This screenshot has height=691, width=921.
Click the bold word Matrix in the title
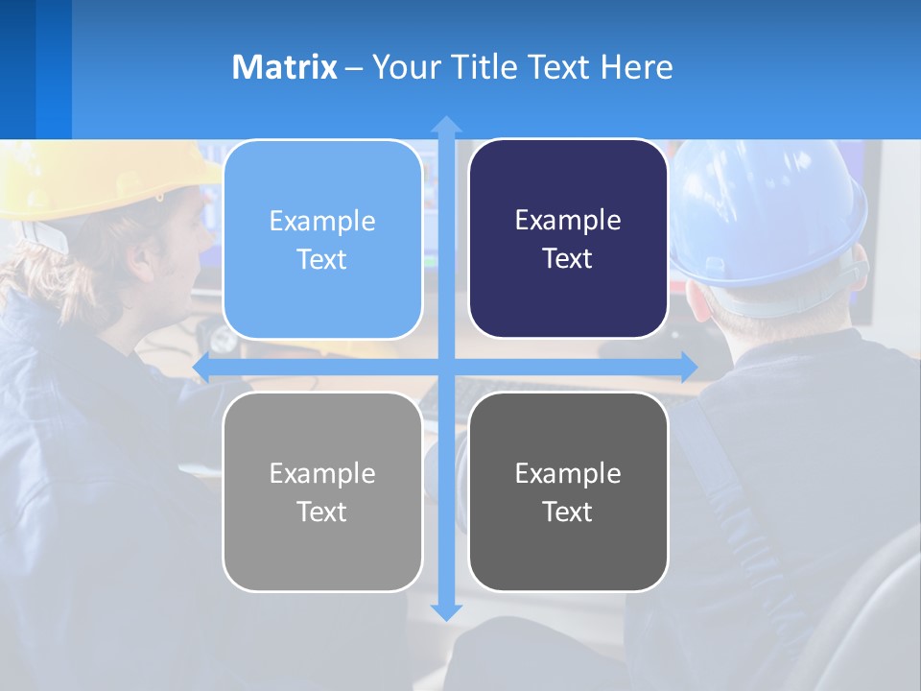coord(284,67)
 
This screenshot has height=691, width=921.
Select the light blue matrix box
coord(322,240)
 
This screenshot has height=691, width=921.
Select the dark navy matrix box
coord(568,239)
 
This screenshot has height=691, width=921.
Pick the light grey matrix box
coord(322,491)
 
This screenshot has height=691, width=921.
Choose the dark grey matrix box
coord(568,491)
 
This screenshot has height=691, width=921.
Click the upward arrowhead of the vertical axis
coord(446,124)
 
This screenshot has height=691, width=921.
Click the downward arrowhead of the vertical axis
coord(446,611)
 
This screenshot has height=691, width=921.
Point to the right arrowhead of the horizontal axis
coord(689,367)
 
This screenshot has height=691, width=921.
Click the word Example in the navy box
coord(568,221)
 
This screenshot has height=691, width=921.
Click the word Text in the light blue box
coord(322,260)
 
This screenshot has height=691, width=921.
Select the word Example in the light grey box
coord(322,473)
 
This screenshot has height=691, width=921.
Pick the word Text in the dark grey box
coord(568,512)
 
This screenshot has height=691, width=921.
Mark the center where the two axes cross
coord(446,367)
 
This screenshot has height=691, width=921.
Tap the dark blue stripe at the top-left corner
coord(17,67)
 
